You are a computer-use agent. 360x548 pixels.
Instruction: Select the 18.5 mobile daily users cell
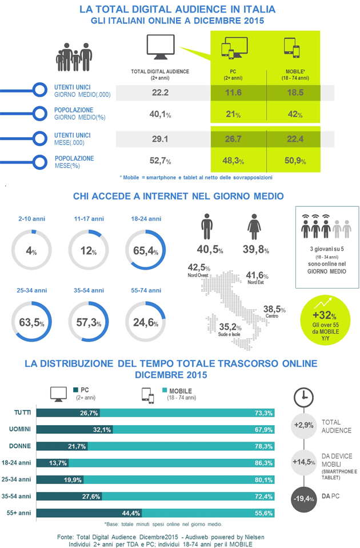pos(295,91)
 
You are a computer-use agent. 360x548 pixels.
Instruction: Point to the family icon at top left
pos(74,58)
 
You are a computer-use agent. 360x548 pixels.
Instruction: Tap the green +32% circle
pos(325,318)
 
